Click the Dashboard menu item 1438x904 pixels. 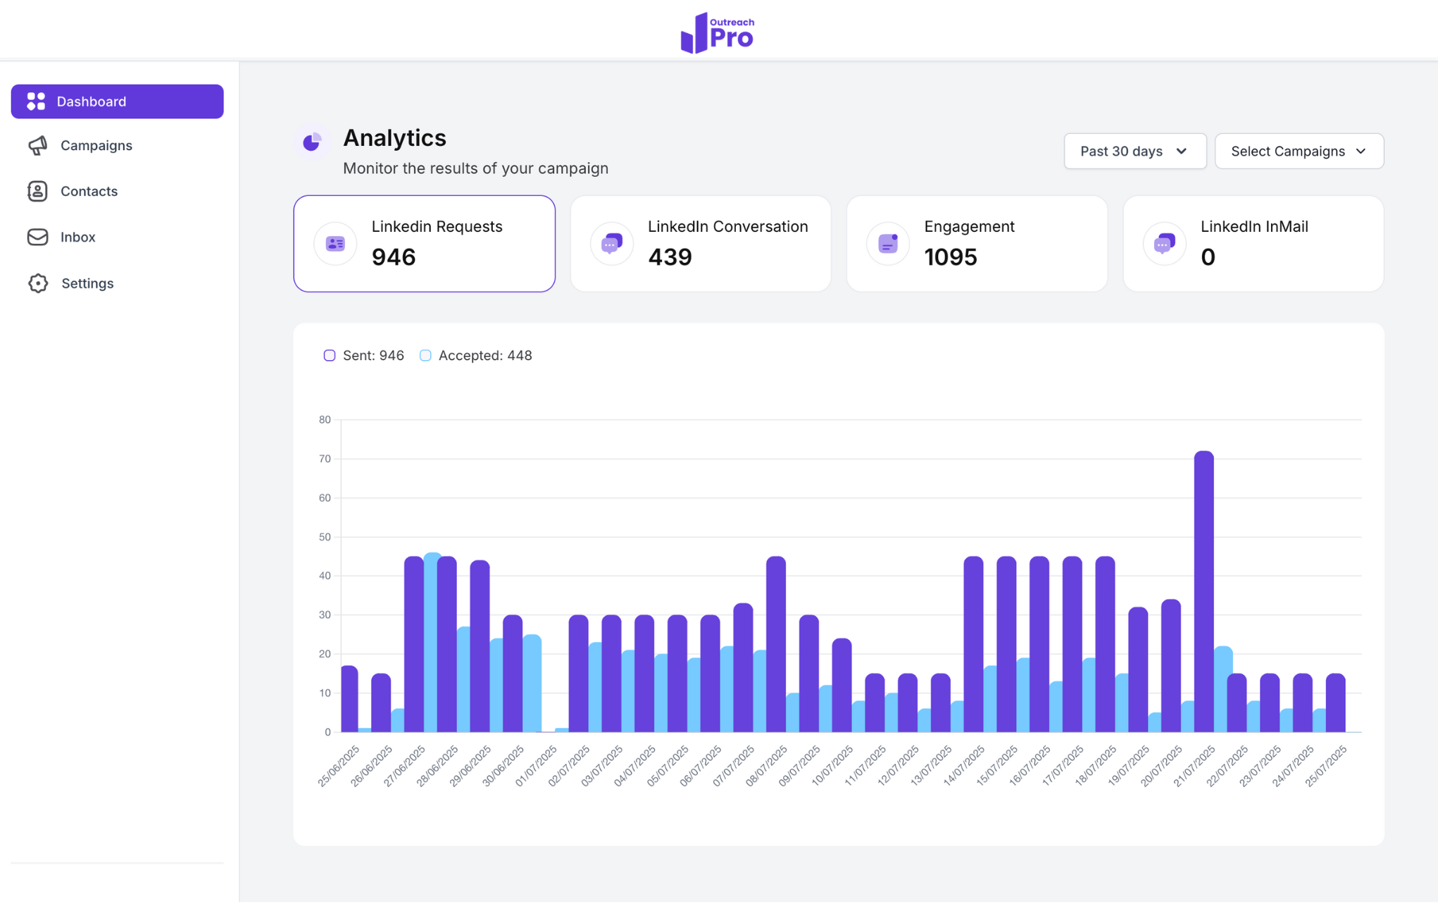click(117, 101)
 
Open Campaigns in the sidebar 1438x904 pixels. click(96, 145)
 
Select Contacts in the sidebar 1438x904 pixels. click(89, 191)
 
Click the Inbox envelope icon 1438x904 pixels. click(37, 237)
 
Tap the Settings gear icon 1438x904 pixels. click(38, 283)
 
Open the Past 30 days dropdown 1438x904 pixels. click(1134, 151)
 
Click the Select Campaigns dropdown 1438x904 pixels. click(1298, 151)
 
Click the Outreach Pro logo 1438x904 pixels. click(718, 32)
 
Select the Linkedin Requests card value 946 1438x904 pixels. click(394, 257)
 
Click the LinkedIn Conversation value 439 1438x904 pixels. click(670, 257)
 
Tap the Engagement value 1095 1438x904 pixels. click(950, 257)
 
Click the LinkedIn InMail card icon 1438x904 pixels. click(1164, 244)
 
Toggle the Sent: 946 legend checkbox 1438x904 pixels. click(330, 355)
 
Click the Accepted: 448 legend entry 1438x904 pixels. click(484, 355)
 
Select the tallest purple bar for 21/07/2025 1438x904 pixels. click(1203, 592)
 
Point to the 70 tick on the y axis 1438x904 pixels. click(325, 459)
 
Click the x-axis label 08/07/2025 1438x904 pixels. click(766, 767)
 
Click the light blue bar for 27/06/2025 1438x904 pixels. click(432, 641)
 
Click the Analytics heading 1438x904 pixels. click(394, 138)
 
